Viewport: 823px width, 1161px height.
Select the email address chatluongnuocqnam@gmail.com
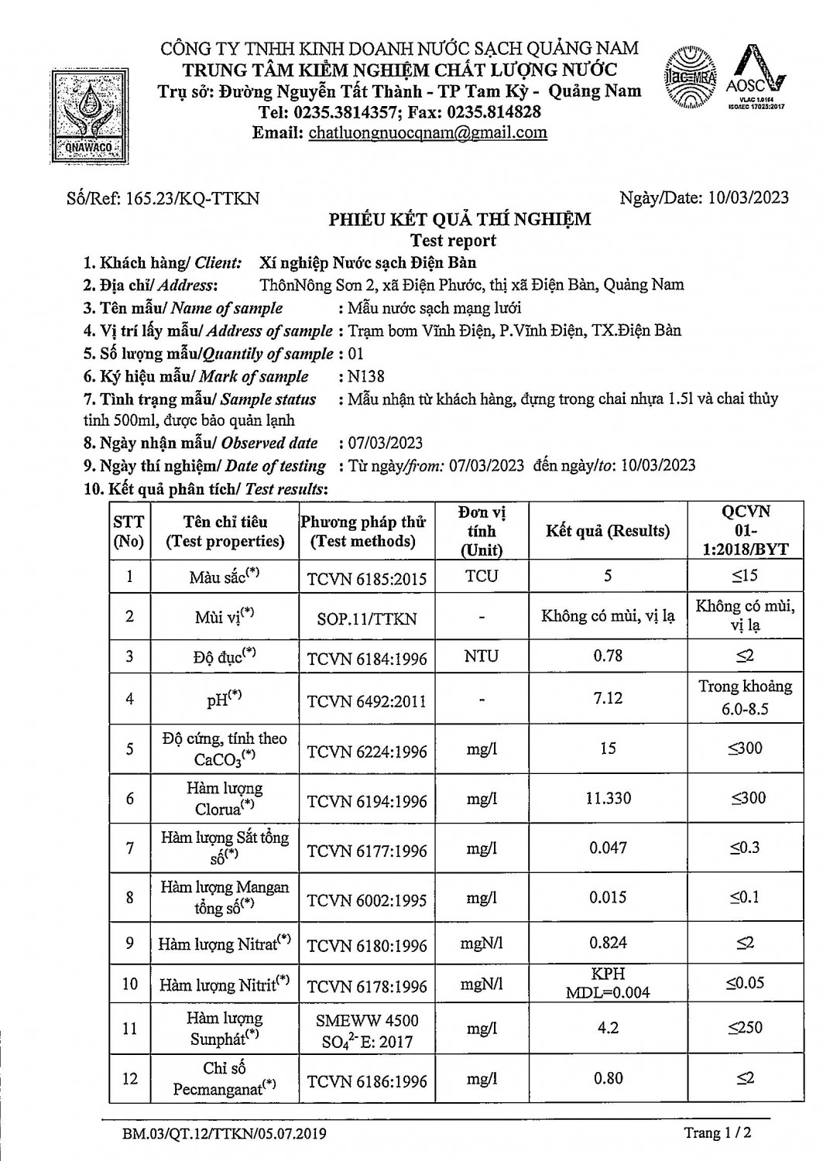427,132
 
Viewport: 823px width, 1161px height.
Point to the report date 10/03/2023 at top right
748,197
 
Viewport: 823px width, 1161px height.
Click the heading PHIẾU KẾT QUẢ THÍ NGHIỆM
460,219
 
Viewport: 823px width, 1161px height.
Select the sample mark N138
366,377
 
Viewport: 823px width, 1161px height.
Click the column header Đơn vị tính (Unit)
482,531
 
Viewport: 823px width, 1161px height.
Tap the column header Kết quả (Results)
608,531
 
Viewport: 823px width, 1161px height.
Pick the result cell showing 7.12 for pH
608,698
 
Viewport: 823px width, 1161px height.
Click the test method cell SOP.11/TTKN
366,618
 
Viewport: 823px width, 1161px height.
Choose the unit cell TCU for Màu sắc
482,576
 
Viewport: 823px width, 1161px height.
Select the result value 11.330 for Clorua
608,798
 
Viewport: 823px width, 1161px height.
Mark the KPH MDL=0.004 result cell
608,983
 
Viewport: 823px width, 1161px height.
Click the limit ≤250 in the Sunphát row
745,1028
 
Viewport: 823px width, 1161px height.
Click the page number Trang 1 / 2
718,1133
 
